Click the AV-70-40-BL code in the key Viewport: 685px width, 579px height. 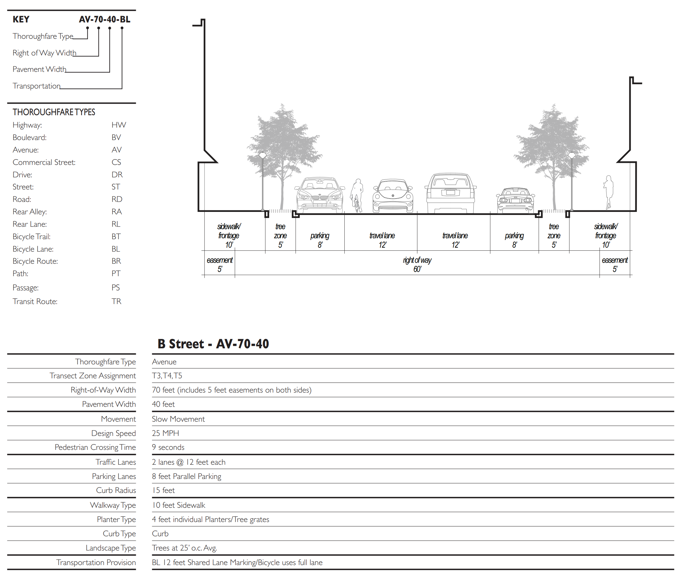pyautogui.click(x=104, y=19)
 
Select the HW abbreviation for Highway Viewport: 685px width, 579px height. pyautogui.click(x=119, y=125)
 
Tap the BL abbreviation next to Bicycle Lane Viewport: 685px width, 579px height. pyautogui.click(x=115, y=249)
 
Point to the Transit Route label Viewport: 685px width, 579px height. pyautogui.click(x=35, y=302)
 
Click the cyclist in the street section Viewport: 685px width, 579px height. pyautogui.click(x=357, y=196)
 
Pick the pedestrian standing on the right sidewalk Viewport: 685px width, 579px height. pyautogui.click(x=609, y=192)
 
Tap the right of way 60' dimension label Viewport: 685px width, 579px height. pyautogui.click(x=417, y=265)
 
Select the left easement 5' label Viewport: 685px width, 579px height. pyautogui.click(x=219, y=265)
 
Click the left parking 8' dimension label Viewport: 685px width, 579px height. pyautogui.click(x=320, y=240)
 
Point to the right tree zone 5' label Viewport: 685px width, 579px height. pyautogui.click(x=554, y=236)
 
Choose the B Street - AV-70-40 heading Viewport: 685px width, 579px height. pyautogui.click(x=213, y=344)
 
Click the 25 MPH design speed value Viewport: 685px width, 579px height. pyautogui.click(x=165, y=433)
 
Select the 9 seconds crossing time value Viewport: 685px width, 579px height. pyautogui.click(x=168, y=447)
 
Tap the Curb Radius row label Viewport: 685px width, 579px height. pyautogui.click(x=116, y=490)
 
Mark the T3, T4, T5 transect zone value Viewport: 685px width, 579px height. pyautogui.click(x=167, y=376)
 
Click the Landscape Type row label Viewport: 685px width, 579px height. pyautogui.click(x=111, y=548)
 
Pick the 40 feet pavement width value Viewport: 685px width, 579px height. pyautogui.click(x=163, y=404)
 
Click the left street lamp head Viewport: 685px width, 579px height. pyautogui.click(x=262, y=155)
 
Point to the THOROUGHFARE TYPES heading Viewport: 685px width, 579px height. pyautogui.click(x=54, y=112)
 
